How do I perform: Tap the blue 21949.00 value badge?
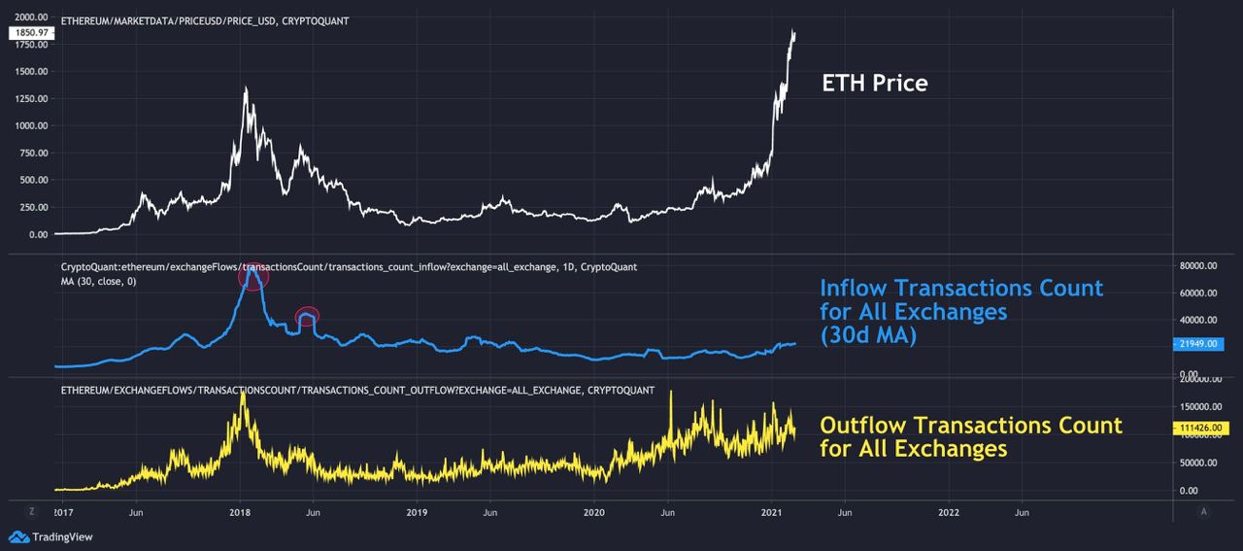[1200, 344]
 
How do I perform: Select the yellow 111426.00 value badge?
[1202, 428]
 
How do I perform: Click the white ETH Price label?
[874, 84]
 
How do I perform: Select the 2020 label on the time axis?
[594, 511]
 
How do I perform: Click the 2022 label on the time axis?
[949, 511]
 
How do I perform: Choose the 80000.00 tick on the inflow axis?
[1197, 265]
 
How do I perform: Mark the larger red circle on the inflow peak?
[253, 277]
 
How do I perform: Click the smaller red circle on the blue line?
[307, 316]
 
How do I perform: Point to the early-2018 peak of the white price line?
[246, 89]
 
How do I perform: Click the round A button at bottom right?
[1203, 510]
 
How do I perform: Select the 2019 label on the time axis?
[417, 511]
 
